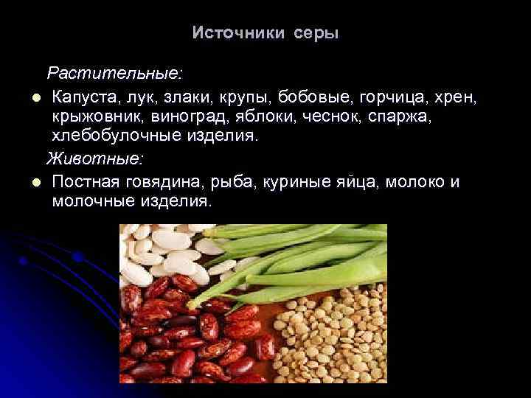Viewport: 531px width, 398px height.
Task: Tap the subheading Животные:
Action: pos(96,158)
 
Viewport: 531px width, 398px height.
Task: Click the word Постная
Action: pos(86,181)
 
